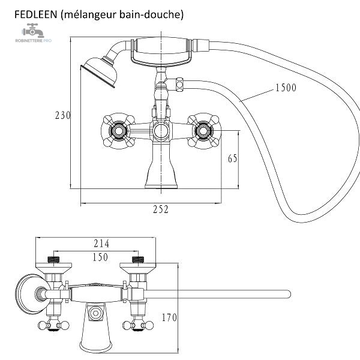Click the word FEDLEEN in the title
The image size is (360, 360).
[x=35, y=14]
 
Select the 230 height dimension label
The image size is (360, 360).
[x=62, y=115]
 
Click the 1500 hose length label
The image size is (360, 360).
[x=286, y=88]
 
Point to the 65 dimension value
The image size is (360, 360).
[x=232, y=158]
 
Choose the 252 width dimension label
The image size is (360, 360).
[x=161, y=209]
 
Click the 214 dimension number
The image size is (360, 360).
[x=101, y=244]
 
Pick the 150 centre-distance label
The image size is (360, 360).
[x=100, y=257]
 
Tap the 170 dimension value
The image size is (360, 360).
[x=169, y=317]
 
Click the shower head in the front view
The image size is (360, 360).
[x=100, y=72]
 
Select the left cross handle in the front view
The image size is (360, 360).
[x=118, y=131]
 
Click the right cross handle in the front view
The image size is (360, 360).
[x=203, y=131]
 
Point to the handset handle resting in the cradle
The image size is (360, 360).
[x=161, y=45]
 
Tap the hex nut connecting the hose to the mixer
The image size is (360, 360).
[x=180, y=85]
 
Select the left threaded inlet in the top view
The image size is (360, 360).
[x=54, y=260]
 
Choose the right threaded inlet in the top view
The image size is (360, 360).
[x=138, y=260]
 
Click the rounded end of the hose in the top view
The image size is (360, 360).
[x=288, y=295]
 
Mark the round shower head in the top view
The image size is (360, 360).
[x=32, y=293]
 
